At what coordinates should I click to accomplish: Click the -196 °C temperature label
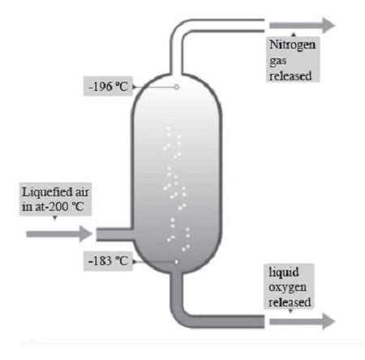(x=108, y=87)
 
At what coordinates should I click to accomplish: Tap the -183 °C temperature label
(x=108, y=261)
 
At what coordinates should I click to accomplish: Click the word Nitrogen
(x=293, y=45)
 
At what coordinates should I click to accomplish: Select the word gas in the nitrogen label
(x=277, y=61)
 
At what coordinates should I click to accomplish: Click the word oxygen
(x=287, y=288)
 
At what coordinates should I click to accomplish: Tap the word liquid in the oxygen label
(x=284, y=272)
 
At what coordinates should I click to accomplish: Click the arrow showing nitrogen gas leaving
(x=303, y=25)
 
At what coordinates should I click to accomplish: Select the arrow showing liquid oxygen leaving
(x=303, y=321)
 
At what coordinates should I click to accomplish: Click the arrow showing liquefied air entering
(x=59, y=234)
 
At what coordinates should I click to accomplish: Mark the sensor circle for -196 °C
(x=176, y=87)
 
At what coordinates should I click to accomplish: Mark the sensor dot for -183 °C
(x=176, y=262)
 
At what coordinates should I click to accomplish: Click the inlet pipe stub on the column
(x=115, y=234)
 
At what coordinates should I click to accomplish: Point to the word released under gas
(x=290, y=75)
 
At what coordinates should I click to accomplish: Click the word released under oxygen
(x=290, y=302)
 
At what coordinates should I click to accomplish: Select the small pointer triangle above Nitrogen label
(x=294, y=35)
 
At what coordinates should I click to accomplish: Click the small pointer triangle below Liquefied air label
(x=55, y=217)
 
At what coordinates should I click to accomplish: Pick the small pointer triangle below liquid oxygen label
(x=290, y=311)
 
